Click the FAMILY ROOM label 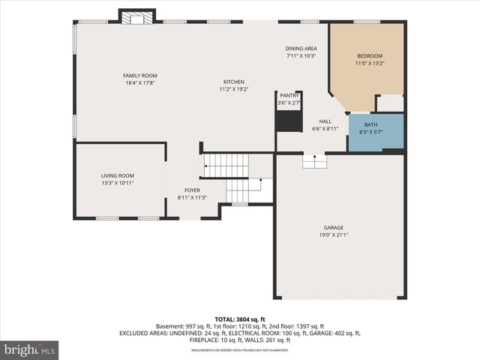140,76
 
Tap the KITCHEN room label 233,82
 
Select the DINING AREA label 301,49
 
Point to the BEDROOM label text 369,56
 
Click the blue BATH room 376,132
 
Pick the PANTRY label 289,96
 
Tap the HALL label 325,121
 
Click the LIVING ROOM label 117,175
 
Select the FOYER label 193,190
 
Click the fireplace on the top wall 136,16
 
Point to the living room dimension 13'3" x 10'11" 117,182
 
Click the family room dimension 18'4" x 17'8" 140,82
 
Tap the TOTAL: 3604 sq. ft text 239,319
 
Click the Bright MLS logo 30,349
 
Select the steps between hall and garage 314,160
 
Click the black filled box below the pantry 288,120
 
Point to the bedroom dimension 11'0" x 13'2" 369,64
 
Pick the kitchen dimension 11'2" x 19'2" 233,89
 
